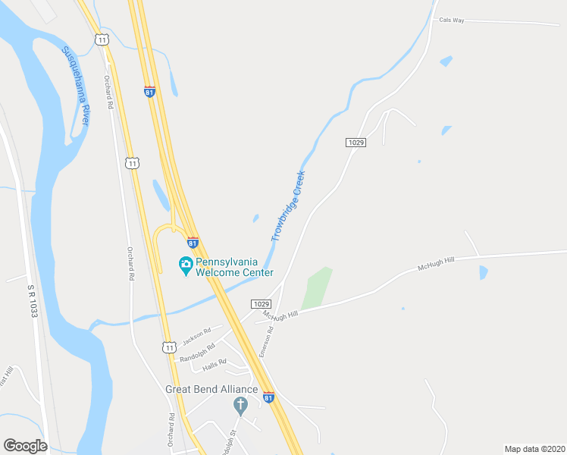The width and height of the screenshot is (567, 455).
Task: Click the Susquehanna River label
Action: pos(76,86)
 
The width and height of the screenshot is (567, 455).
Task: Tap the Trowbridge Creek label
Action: pos(288,206)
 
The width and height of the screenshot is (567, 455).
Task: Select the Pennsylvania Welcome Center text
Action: pos(233,267)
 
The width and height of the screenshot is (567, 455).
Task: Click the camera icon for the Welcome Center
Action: pos(185,266)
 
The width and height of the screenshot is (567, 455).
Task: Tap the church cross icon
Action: pos(241,406)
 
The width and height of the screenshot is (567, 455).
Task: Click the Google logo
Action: pos(25,445)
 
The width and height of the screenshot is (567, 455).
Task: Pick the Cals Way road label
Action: pos(451,20)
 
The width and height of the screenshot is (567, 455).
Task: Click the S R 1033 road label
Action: pos(33,301)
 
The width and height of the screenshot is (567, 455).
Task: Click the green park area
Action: pos(317,287)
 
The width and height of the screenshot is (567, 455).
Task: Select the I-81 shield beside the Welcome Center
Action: pos(193,243)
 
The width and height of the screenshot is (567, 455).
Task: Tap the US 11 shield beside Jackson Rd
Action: pos(168,347)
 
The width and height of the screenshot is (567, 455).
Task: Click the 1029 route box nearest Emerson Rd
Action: pos(262,303)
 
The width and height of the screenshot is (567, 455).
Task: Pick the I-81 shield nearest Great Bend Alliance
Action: pos(268,397)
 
